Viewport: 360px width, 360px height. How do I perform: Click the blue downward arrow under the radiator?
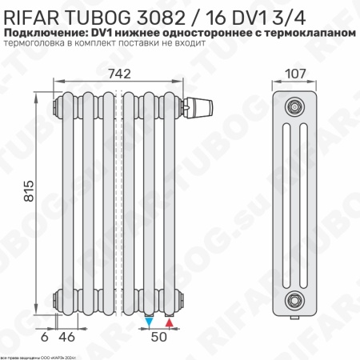(150, 322)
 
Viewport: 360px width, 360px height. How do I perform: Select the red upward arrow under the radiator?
(169, 322)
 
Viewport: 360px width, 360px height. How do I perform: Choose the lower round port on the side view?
(297, 299)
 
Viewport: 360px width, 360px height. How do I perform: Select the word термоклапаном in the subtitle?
(307, 31)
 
